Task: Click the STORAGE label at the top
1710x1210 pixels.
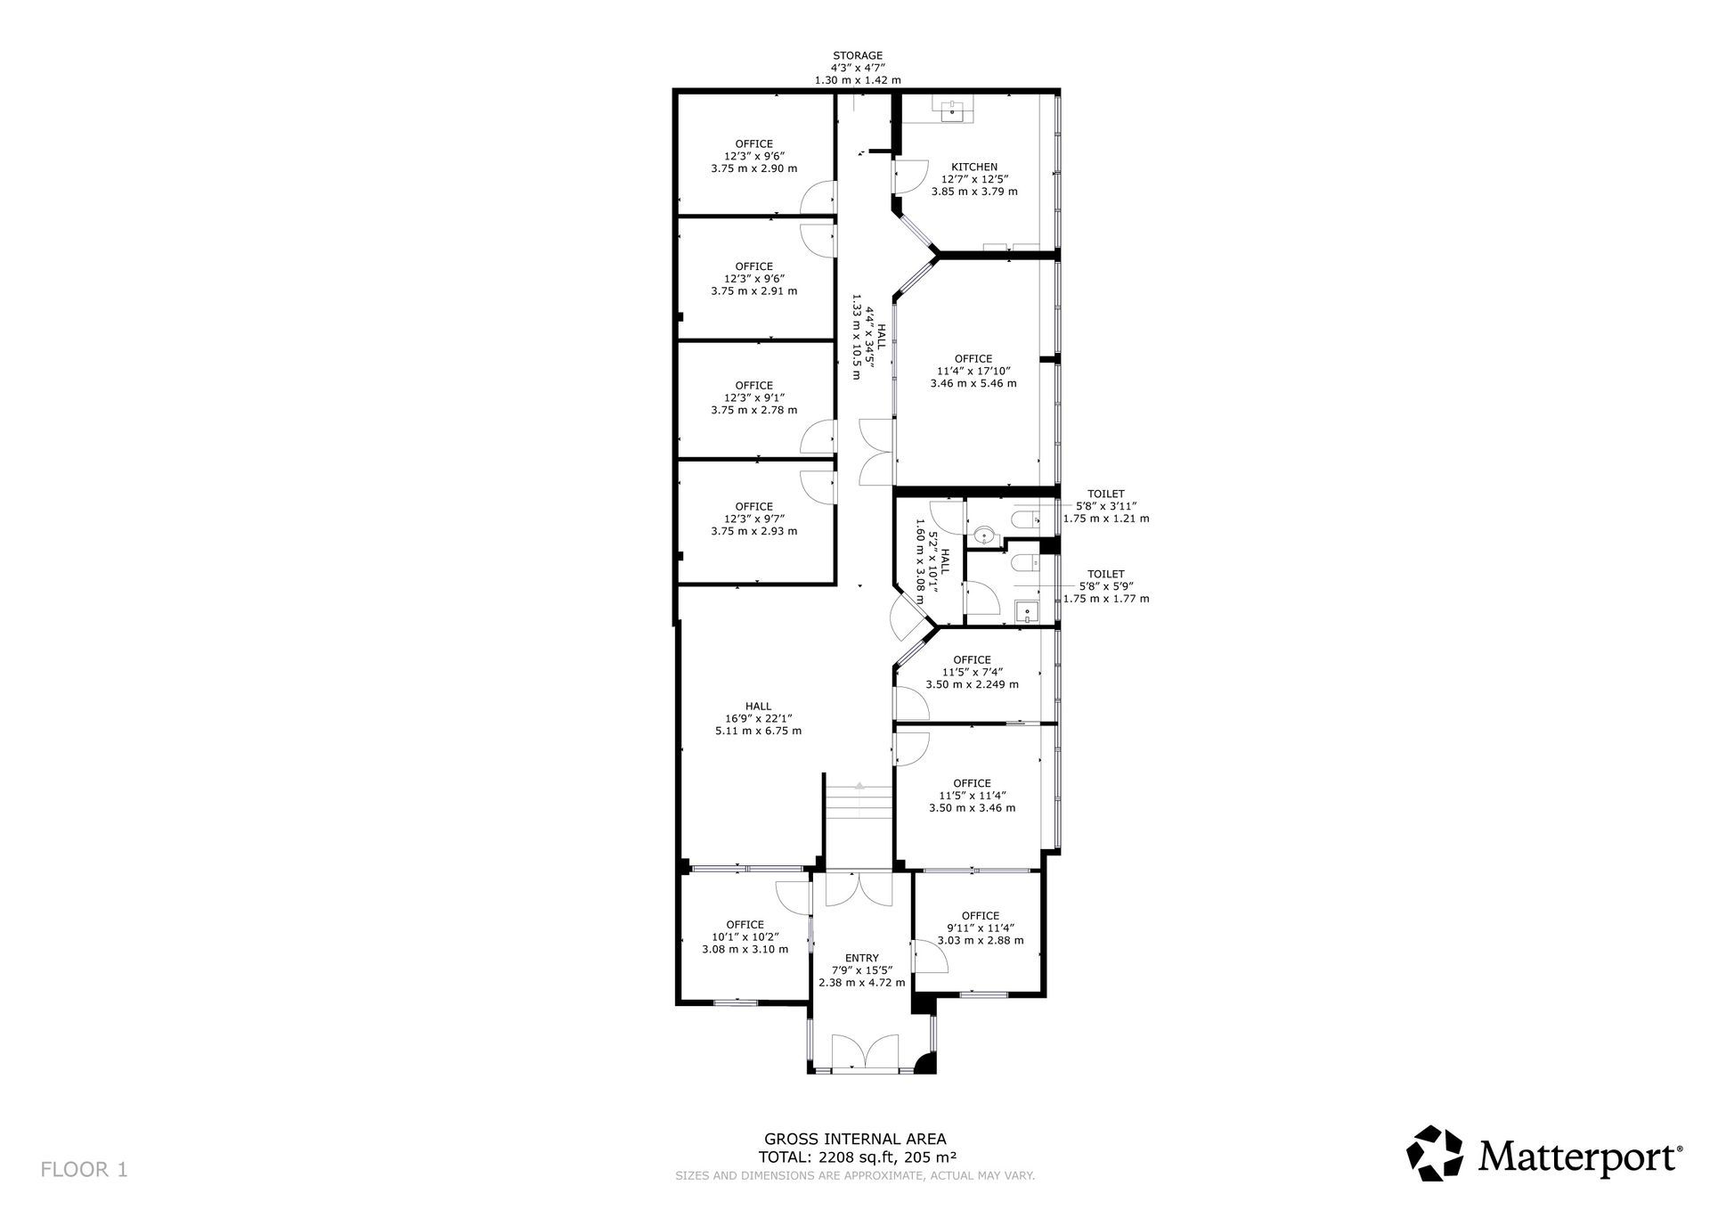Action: pos(858,55)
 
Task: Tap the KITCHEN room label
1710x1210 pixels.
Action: pos(974,167)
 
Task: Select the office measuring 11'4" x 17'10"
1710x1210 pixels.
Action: pos(973,372)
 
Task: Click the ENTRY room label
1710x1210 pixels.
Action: pos(861,959)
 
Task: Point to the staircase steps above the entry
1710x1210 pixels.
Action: pos(859,801)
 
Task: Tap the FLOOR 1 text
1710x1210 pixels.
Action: pos(84,1170)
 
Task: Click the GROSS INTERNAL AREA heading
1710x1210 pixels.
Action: pos(855,1139)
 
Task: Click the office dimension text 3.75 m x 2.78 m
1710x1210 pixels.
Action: pos(754,410)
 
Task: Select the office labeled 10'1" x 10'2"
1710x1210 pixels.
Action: pos(745,936)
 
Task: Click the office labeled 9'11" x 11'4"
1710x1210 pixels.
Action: pos(980,928)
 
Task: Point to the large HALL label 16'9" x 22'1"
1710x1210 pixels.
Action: pos(759,718)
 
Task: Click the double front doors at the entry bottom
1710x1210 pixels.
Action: pos(864,1051)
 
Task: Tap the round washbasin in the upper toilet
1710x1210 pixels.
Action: pos(981,536)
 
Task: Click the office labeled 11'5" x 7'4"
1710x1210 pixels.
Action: pos(972,672)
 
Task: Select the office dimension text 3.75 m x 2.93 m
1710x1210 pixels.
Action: pos(754,531)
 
